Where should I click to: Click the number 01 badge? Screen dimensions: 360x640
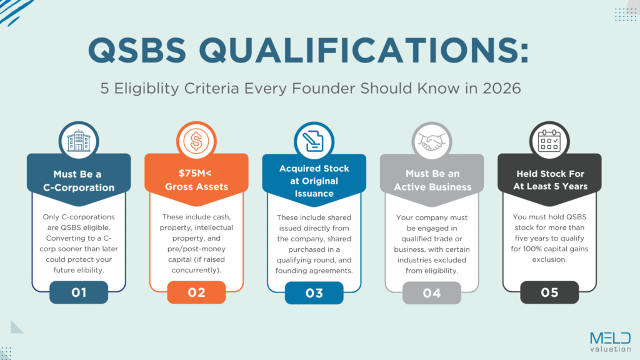point(79,292)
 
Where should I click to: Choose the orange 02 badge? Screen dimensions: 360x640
point(196,292)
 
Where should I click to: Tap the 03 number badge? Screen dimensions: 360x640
point(314,292)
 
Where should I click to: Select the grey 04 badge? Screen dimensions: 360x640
point(431,292)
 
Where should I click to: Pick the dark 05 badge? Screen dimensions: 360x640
point(549,292)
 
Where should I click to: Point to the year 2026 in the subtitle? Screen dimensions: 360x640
point(500,88)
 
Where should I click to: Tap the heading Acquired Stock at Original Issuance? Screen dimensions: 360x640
point(314,181)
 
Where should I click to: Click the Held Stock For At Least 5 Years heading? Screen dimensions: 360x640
point(549,181)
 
